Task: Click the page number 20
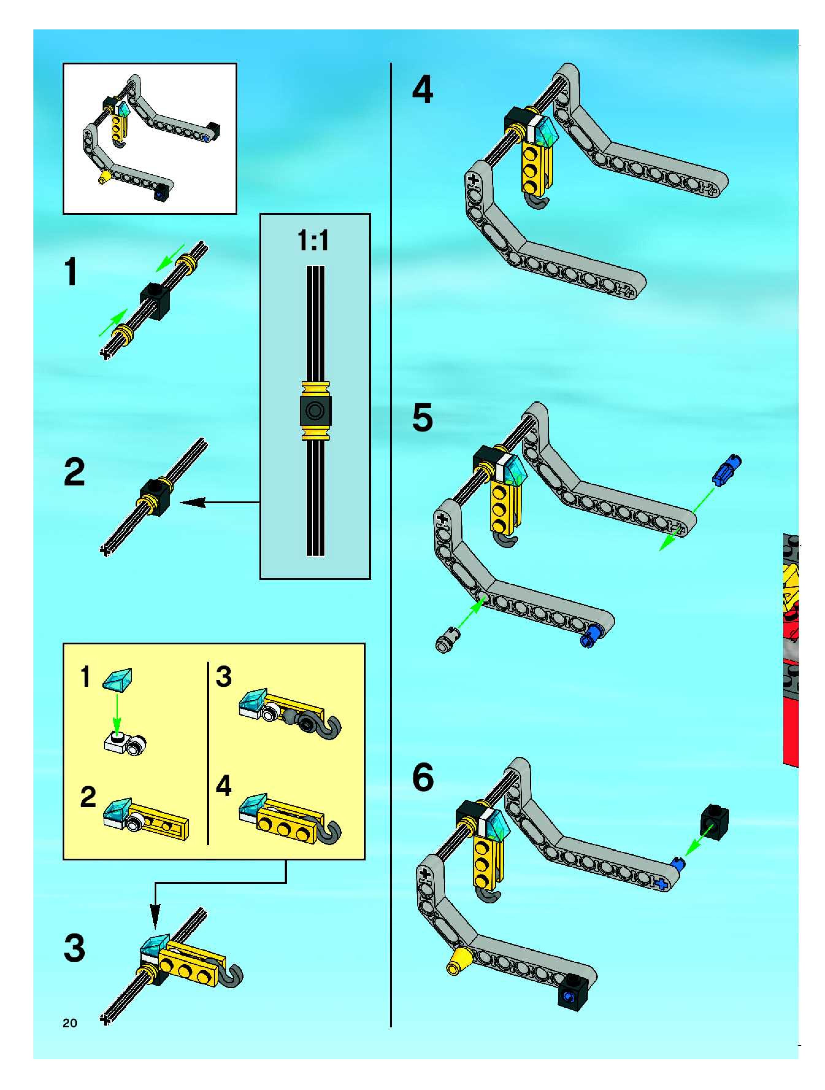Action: (70, 1023)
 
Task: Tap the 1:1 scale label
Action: (313, 241)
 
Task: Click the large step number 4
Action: (423, 90)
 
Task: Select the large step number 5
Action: (423, 418)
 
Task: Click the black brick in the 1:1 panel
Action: (315, 411)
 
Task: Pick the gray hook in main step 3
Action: (232, 977)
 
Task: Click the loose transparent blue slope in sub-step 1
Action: (118, 679)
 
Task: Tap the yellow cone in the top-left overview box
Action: (104, 178)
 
